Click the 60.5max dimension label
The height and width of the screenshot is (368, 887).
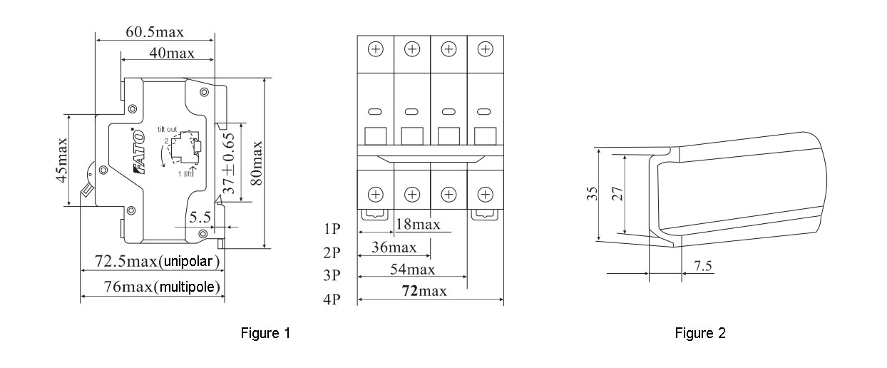point(155,33)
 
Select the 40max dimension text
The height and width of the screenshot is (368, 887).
point(168,53)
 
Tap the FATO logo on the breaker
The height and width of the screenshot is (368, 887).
point(138,158)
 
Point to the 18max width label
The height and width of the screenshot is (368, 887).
point(417,225)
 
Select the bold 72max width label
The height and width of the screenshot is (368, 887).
point(426,292)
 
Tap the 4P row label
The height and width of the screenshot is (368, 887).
point(331,300)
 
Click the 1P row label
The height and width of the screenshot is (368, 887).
point(331,230)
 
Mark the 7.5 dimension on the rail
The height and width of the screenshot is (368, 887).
point(703,266)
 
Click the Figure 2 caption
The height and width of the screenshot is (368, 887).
point(701,334)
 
